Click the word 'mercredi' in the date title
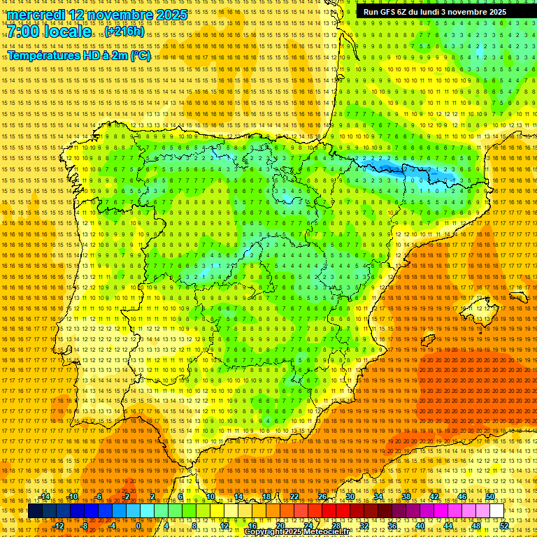click(36, 15)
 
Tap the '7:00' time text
click(23, 32)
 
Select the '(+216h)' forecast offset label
click(124, 32)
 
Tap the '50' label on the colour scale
click(490, 496)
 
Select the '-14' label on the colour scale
click(45, 496)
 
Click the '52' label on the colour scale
click(504, 526)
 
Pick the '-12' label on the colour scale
click(59, 526)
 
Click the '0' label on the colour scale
click(139, 526)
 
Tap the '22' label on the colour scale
click(294, 496)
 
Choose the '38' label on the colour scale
click(406, 496)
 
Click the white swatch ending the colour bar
click(497, 511)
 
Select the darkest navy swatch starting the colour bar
click(34, 511)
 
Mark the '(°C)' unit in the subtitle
click(140, 55)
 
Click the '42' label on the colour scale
click(434, 496)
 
